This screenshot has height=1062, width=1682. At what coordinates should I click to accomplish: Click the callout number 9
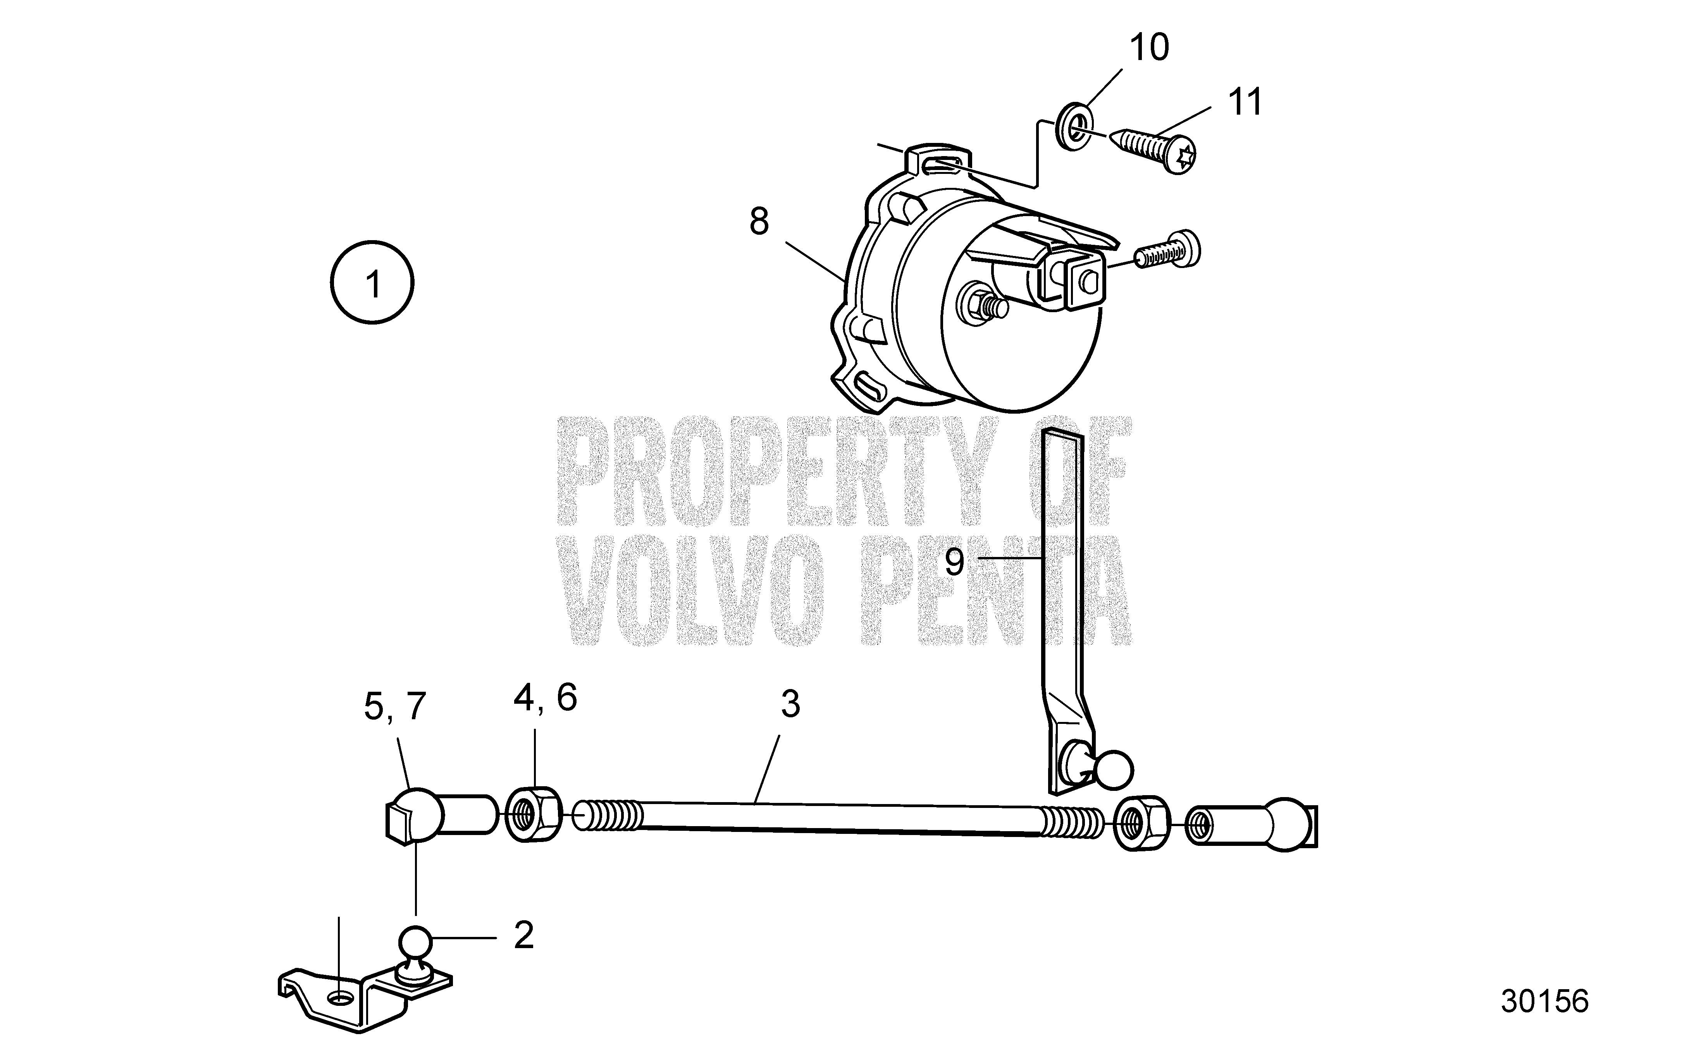tap(955, 561)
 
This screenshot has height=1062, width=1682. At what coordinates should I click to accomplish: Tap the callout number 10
tap(1149, 48)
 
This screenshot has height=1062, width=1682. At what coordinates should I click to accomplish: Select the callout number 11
tap(1244, 103)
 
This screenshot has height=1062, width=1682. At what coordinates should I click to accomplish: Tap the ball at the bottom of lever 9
tap(1114, 770)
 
